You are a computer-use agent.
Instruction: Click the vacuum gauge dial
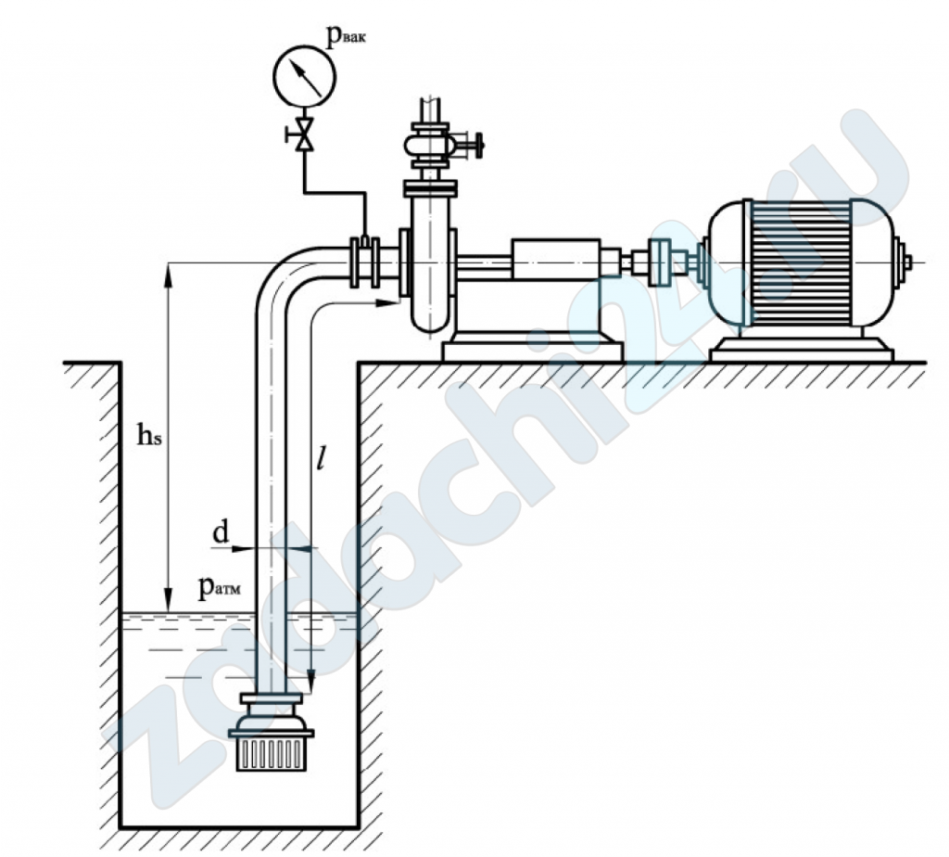pos(304,76)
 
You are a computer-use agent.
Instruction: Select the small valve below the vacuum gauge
pos(303,134)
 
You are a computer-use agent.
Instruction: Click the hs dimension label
pos(149,434)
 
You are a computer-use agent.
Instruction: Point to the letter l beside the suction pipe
pos(322,458)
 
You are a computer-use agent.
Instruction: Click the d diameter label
pos(221,532)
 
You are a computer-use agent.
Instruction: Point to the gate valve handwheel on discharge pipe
pos(479,145)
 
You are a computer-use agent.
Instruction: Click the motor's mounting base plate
pos(802,350)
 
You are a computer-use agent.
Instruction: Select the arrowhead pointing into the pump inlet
pos(386,302)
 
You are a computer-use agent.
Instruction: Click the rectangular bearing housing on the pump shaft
pos(556,259)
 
